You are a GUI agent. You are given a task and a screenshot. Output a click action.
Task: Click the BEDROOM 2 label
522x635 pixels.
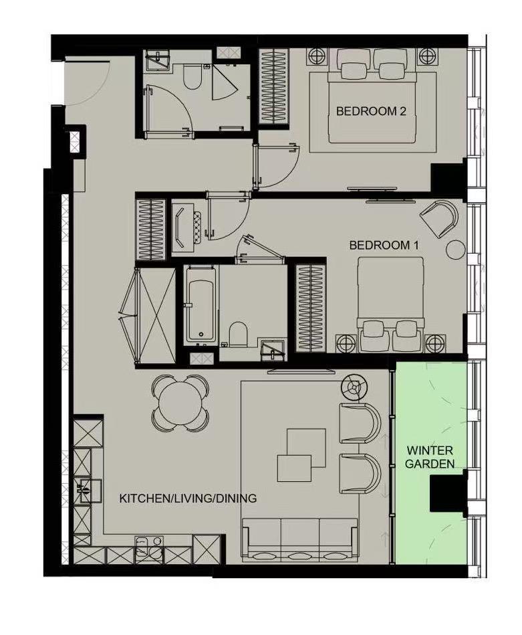(x=371, y=112)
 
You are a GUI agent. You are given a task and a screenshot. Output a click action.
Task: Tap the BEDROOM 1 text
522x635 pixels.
(x=384, y=246)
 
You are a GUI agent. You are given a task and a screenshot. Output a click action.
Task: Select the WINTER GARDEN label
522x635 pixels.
(x=430, y=456)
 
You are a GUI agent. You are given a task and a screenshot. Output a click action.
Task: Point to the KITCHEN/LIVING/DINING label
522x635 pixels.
(x=188, y=498)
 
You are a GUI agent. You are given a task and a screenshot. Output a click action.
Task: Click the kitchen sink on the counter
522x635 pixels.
(x=86, y=490)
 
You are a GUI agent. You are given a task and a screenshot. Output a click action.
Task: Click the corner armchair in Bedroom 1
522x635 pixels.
(x=440, y=217)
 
